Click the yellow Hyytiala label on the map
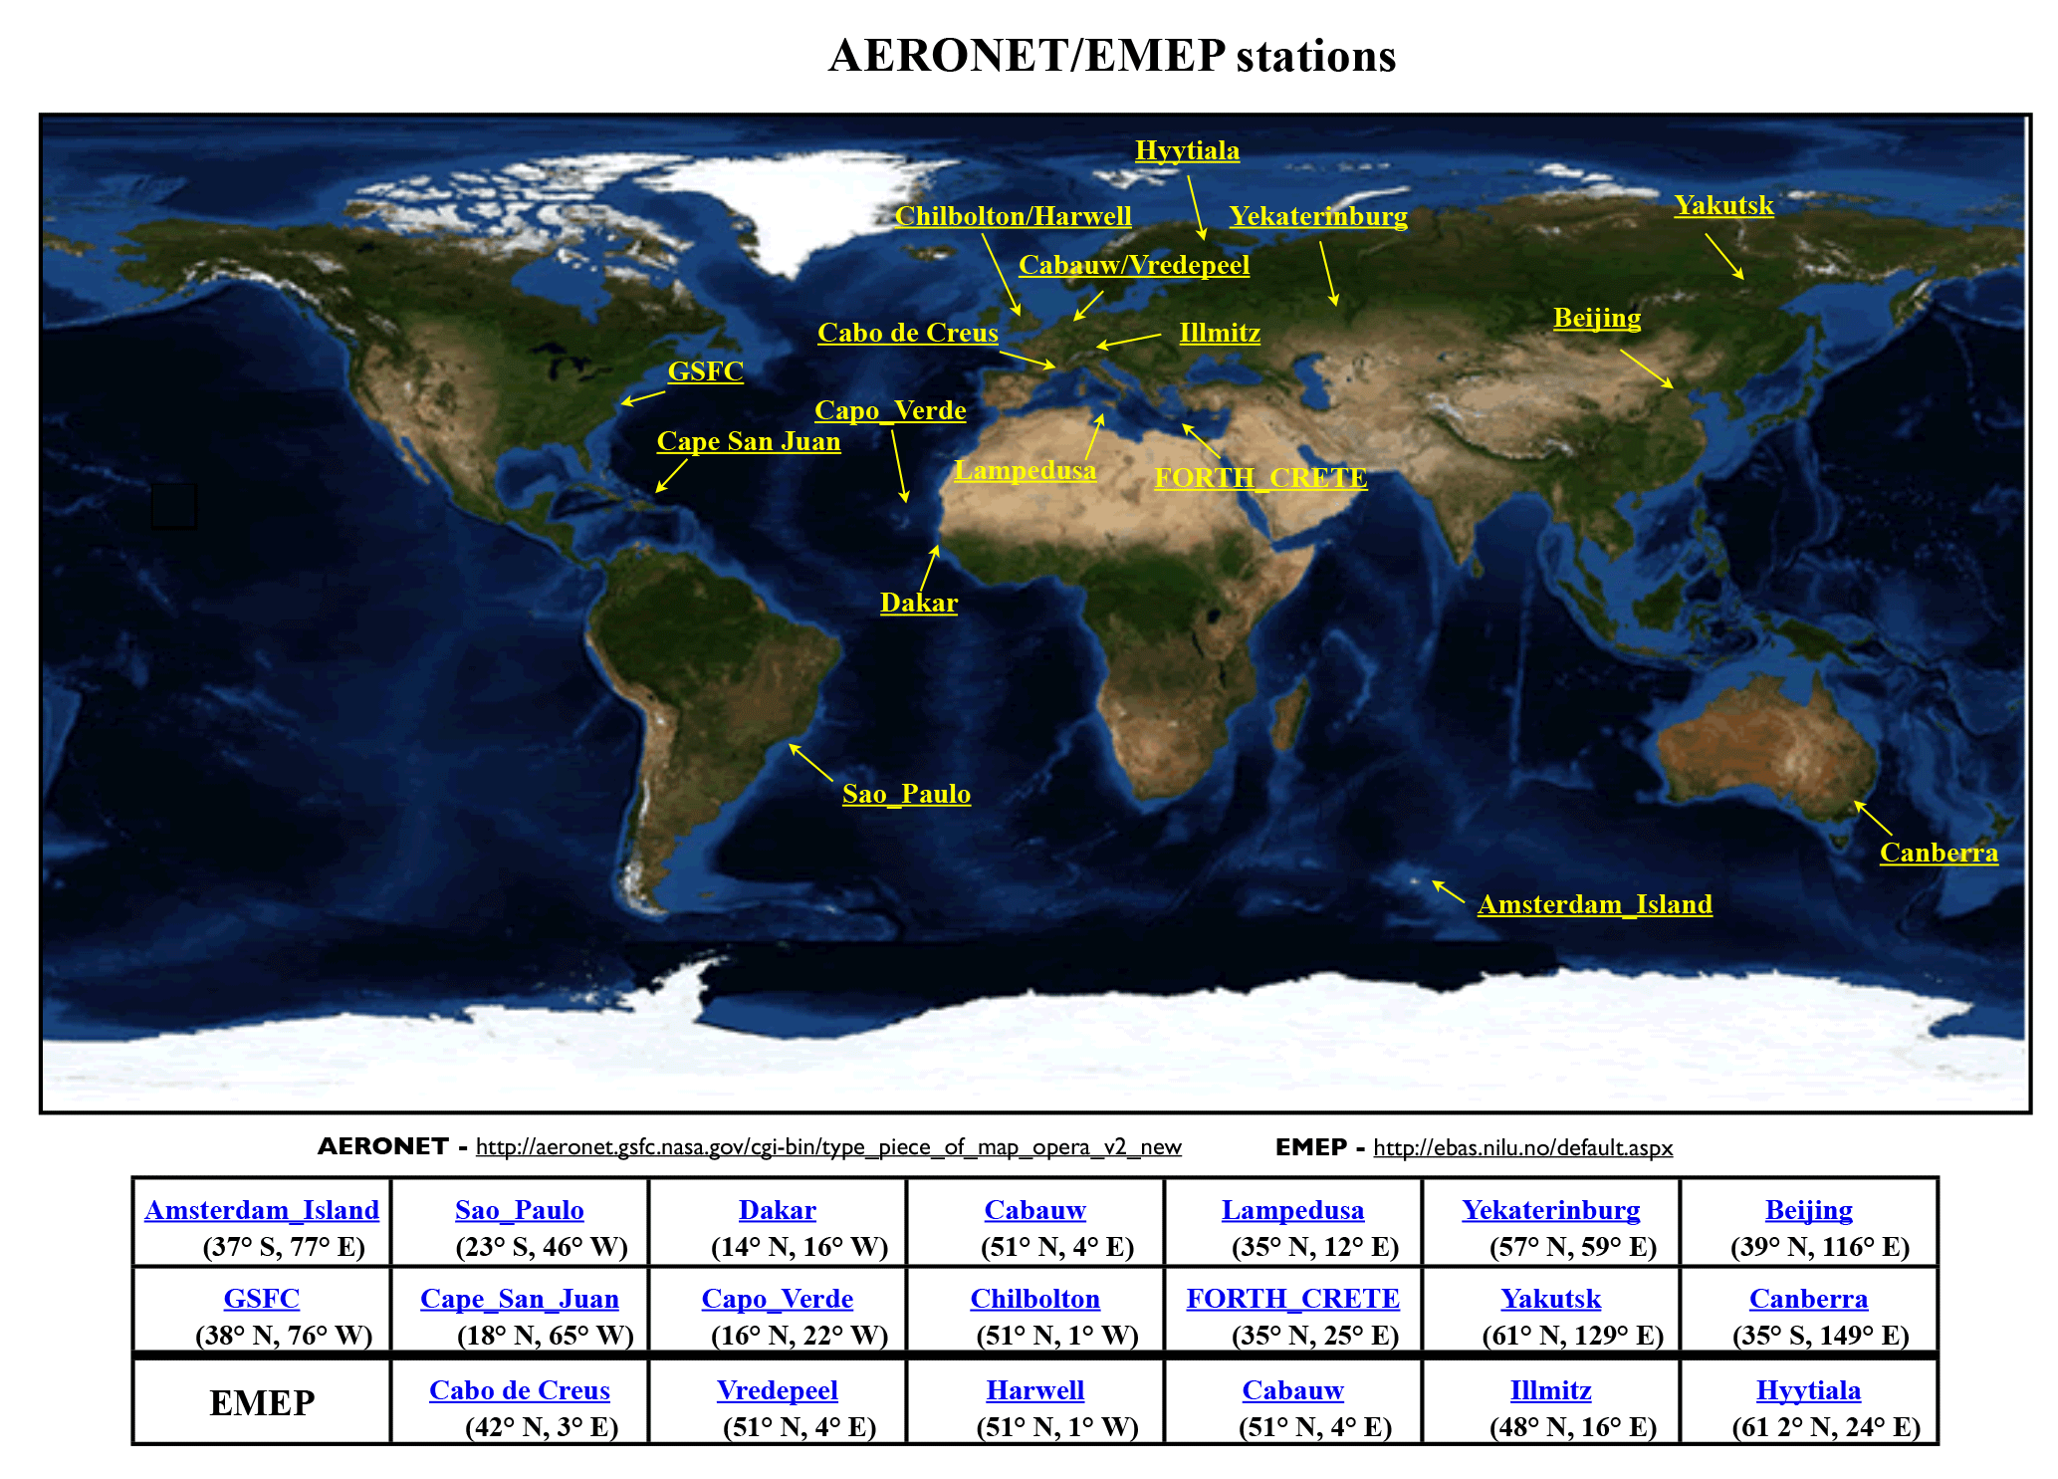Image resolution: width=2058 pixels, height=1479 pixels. [x=1187, y=151]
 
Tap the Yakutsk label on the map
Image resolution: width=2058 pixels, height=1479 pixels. [x=1723, y=205]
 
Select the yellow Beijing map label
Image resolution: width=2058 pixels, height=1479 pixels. [x=1597, y=319]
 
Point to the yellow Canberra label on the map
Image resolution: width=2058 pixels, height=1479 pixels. [x=1939, y=853]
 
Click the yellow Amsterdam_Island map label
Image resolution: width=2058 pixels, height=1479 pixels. [x=1595, y=904]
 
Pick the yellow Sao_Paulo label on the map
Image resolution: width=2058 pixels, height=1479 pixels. [x=906, y=794]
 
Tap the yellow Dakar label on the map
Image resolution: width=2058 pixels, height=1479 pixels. [x=919, y=603]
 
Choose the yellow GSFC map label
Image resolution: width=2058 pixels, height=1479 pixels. [x=705, y=370]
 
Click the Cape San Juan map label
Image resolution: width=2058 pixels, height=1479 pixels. [x=749, y=441]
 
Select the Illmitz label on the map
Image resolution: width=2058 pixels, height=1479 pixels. [x=1220, y=333]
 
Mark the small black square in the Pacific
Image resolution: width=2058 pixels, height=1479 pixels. [x=173, y=506]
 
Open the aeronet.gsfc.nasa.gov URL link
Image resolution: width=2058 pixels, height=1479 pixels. [x=828, y=1147]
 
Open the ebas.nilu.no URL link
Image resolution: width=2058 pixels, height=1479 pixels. [x=1523, y=1147]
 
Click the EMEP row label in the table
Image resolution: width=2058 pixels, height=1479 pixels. [x=262, y=1403]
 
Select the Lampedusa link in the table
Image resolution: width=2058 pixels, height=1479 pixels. [x=1292, y=1210]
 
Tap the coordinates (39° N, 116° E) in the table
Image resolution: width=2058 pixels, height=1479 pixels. [x=1820, y=1247]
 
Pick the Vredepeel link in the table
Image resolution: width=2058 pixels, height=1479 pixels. [x=778, y=1390]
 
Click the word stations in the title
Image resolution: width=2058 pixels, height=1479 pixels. [x=1316, y=56]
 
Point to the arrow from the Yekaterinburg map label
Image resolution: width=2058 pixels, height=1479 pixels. [x=1328, y=273]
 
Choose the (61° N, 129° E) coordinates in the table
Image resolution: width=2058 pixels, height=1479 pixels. [x=1573, y=1336]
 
